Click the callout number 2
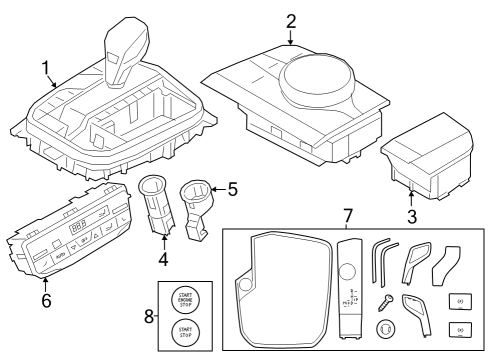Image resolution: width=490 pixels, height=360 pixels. pos(291,20)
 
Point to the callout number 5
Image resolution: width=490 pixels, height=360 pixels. pos(233,186)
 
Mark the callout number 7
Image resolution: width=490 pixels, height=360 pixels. pos(347,215)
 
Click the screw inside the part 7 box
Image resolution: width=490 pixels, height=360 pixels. pos(384,304)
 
